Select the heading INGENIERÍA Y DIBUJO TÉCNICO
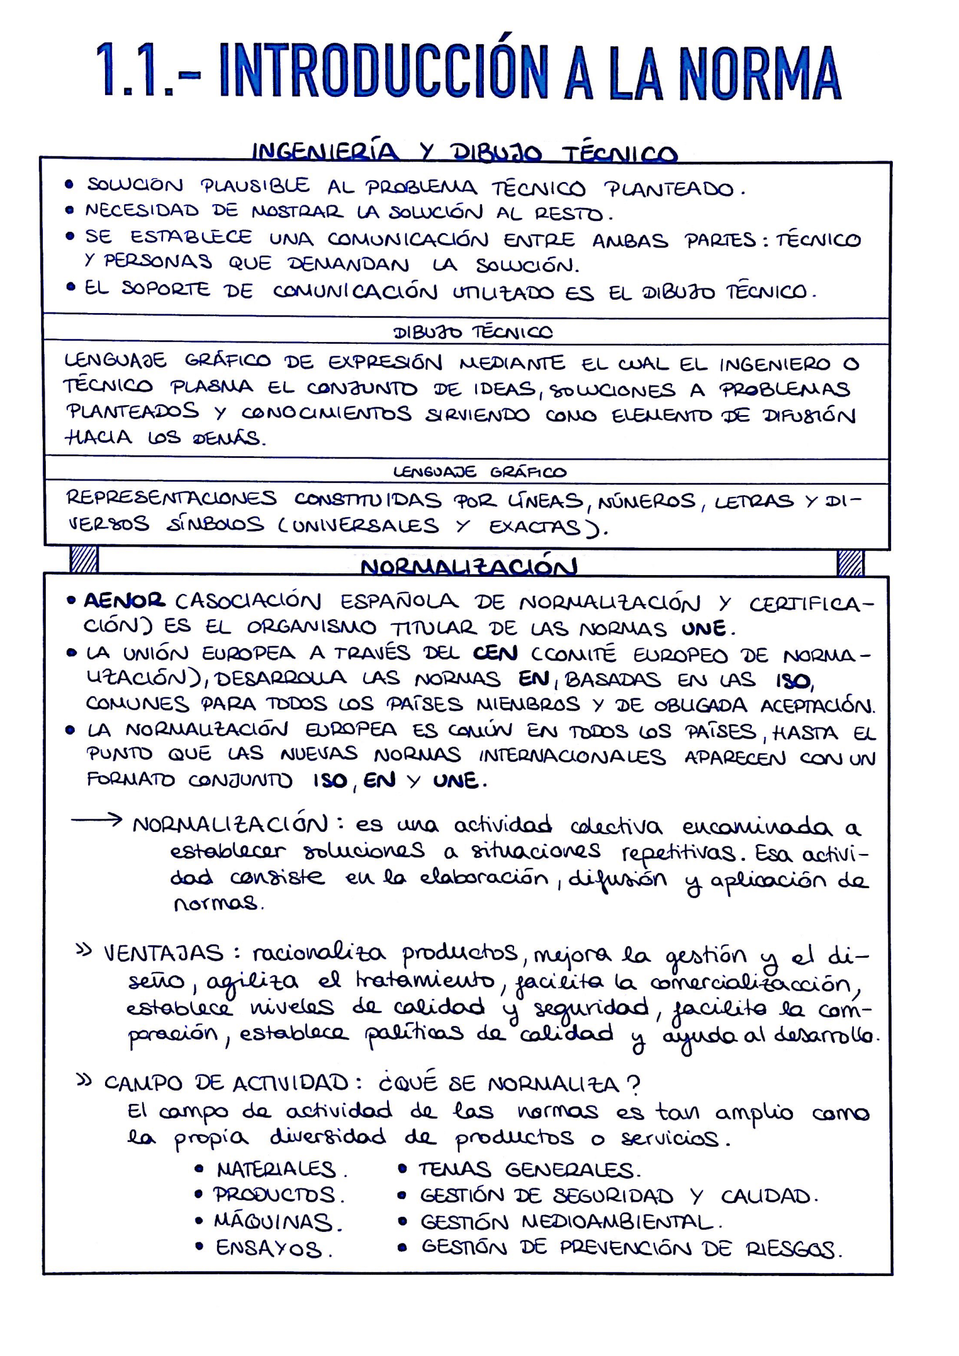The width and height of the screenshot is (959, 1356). click(x=465, y=152)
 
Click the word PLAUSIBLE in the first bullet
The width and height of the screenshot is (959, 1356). click(x=255, y=186)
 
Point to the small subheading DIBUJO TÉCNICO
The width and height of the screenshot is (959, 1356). click(x=473, y=333)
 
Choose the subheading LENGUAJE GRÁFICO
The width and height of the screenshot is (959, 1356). click(x=479, y=472)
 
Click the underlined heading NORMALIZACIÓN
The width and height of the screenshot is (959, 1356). click(x=469, y=567)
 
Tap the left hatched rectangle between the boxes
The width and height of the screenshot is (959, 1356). click(x=84, y=560)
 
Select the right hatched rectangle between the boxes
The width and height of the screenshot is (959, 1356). click(x=851, y=562)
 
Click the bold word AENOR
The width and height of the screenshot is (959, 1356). click(x=124, y=601)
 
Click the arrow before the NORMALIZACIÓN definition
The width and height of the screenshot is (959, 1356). click(x=96, y=820)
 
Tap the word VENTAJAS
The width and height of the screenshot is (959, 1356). click(x=164, y=953)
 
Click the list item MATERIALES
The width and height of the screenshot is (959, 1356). click(x=277, y=1169)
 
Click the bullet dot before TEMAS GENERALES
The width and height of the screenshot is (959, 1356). click(x=403, y=1169)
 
